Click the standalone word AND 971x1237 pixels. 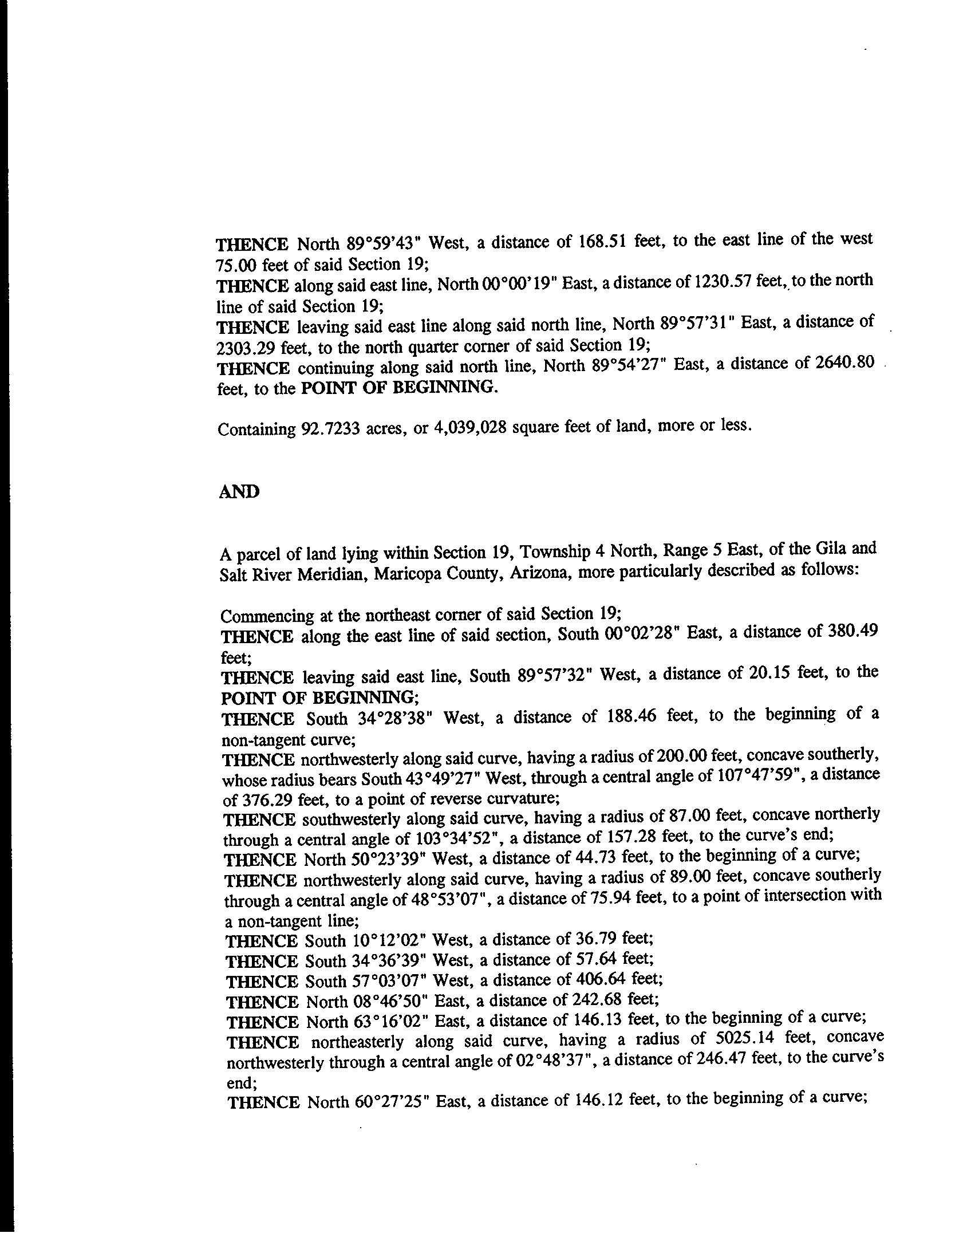click(x=239, y=492)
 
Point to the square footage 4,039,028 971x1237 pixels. click(x=468, y=427)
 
